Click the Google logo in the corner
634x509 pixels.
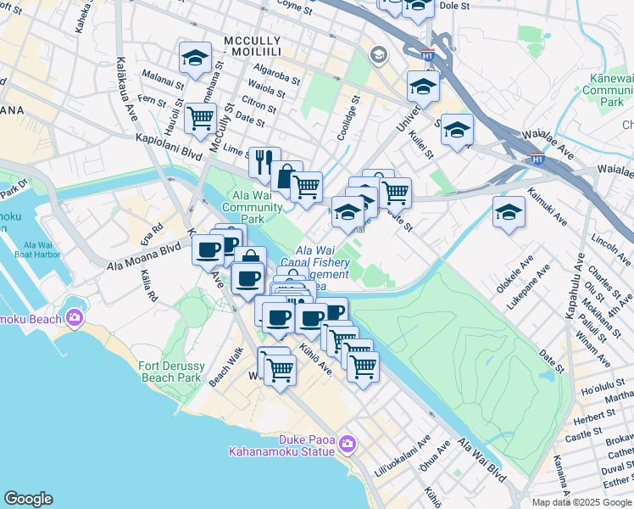click(x=28, y=499)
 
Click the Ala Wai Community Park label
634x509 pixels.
click(x=252, y=208)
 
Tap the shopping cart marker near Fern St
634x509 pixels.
click(x=200, y=119)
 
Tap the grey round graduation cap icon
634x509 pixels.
click(x=378, y=55)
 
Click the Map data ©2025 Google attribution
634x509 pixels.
click(x=581, y=502)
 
